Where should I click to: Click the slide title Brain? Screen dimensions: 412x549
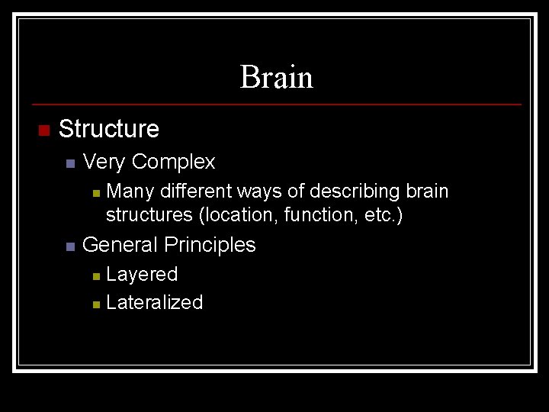tap(276, 77)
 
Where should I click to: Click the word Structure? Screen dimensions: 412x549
tap(108, 129)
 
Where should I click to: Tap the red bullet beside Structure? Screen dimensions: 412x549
tap(43, 130)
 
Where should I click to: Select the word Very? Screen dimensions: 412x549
tap(104, 162)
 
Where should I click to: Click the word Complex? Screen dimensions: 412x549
tap(173, 162)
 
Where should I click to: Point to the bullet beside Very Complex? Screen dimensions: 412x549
tap(69, 163)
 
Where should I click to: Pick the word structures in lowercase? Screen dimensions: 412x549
tap(149, 215)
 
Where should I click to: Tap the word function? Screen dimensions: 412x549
tap(321, 215)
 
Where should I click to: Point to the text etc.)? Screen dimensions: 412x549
tap(384, 215)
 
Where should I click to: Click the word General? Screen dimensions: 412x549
tap(120, 245)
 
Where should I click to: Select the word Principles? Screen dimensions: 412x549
tap(210, 245)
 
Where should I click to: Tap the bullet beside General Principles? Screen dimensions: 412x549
tap(69, 246)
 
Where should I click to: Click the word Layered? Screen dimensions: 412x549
tap(142, 274)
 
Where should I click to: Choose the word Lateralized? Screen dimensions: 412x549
tap(155, 302)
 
